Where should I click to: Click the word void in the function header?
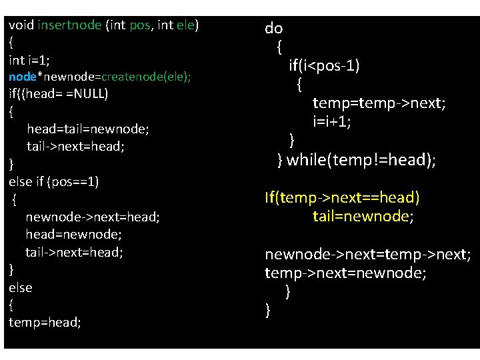tap(21, 25)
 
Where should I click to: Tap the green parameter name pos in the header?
tap(139, 25)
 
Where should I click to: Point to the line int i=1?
tap(29, 60)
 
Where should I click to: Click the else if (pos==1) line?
tap(54, 181)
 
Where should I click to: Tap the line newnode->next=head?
tap(93, 217)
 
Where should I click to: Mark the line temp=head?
tap(45, 323)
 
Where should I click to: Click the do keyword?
tap(274, 28)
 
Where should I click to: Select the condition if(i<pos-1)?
tap(324, 65)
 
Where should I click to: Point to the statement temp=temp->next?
tap(379, 103)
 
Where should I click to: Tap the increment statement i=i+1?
tap(341, 122)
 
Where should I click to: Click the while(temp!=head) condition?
tap(361, 160)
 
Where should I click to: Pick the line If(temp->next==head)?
tap(342, 198)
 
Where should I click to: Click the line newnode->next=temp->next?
tap(368, 255)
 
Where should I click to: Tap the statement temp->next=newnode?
tap(346, 273)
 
